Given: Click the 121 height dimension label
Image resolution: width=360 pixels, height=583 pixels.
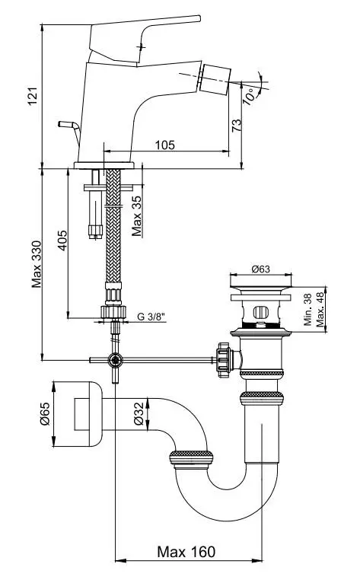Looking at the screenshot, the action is click(x=33, y=97).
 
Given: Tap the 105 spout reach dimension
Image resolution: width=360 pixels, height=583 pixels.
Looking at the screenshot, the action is click(x=164, y=145).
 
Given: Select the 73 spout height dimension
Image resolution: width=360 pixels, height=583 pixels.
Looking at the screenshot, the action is click(x=237, y=126).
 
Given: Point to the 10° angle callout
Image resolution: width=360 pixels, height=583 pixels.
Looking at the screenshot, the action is click(x=250, y=96).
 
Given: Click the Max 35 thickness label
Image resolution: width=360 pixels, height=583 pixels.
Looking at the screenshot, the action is click(x=137, y=215).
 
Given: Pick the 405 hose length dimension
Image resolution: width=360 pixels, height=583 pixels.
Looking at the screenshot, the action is click(x=62, y=241).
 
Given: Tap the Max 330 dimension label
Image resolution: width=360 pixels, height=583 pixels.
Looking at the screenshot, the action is click(x=37, y=264).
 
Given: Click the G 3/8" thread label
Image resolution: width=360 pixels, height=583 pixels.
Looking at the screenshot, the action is click(x=151, y=317).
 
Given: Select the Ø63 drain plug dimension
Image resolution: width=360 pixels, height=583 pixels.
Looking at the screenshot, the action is click(x=261, y=269).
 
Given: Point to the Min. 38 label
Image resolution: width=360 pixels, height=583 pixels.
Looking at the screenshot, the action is click(x=307, y=310).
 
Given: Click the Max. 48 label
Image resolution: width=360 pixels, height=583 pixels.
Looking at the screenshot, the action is click(x=320, y=310).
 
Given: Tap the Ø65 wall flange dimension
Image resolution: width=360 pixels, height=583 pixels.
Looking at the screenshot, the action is click(x=45, y=413).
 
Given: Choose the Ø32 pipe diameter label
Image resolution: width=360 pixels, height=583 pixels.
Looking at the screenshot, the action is click(x=139, y=413).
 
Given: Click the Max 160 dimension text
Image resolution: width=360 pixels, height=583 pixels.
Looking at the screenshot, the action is click(x=186, y=552).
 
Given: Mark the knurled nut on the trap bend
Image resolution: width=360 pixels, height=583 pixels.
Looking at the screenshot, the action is click(x=191, y=459).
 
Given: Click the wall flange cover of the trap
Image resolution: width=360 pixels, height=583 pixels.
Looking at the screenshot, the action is click(x=78, y=414).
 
